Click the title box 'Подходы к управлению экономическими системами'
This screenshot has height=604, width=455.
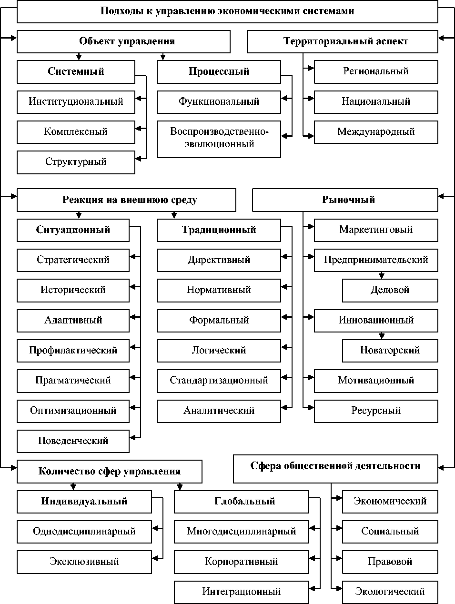[x=227, y=11]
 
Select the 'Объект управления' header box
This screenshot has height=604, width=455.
[x=123, y=41]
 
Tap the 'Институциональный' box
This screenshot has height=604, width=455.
[x=76, y=101]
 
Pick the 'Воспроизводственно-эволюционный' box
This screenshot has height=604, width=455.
[x=219, y=139]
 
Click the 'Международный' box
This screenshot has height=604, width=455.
[x=376, y=132]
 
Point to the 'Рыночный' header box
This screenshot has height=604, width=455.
[x=345, y=200]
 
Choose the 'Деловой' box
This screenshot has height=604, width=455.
[x=390, y=290]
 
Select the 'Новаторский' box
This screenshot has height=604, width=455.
[x=390, y=351]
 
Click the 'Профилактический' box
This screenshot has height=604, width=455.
[x=73, y=351]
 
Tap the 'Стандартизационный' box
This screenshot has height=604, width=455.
[x=219, y=381]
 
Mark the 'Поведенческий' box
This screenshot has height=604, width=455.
[x=73, y=441]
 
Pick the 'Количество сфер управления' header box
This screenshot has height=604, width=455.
[x=109, y=472]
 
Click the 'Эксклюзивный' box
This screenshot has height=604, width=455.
[x=84, y=562]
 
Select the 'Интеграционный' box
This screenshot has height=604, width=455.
[x=241, y=592]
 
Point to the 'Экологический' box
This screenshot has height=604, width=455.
[x=390, y=592]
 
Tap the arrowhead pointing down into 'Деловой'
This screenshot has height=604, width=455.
[x=382, y=276]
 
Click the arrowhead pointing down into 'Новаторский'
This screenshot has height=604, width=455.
[x=382, y=336]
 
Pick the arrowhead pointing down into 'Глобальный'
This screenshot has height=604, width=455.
[x=180, y=487]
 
